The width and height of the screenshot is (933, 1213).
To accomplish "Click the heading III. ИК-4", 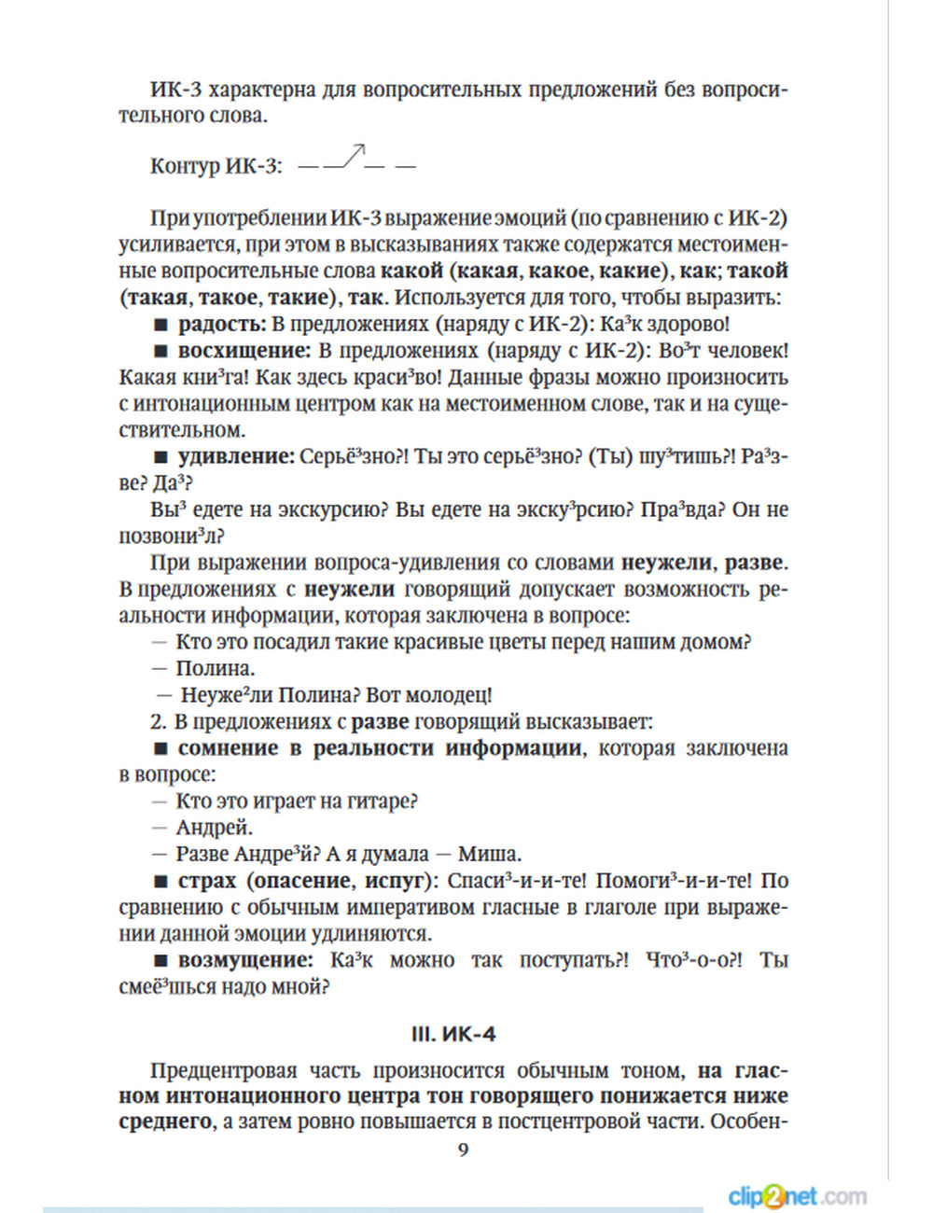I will pyautogui.click(x=453, y=1035).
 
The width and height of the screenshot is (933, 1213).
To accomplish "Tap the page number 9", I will pyautogui.click(x=464, y=1150).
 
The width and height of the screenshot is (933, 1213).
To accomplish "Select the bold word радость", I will pyautogui.click(x=222, y=324).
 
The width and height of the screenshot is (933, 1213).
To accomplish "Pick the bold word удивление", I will pyautogui.click(x=236, y=457).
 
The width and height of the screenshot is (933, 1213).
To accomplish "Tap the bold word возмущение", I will pyautogui.click(x=245, y=960).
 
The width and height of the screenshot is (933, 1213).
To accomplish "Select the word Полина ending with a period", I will pyautogui.click(x=216, y=669).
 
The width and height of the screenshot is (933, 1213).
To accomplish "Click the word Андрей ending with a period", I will pyautogui.click(x=215, y=828).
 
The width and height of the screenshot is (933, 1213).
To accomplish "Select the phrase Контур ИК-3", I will pyautogui.click(x=216, y=166).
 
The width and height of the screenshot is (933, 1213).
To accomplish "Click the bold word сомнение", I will pyautogui.click(x=228, y=748).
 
